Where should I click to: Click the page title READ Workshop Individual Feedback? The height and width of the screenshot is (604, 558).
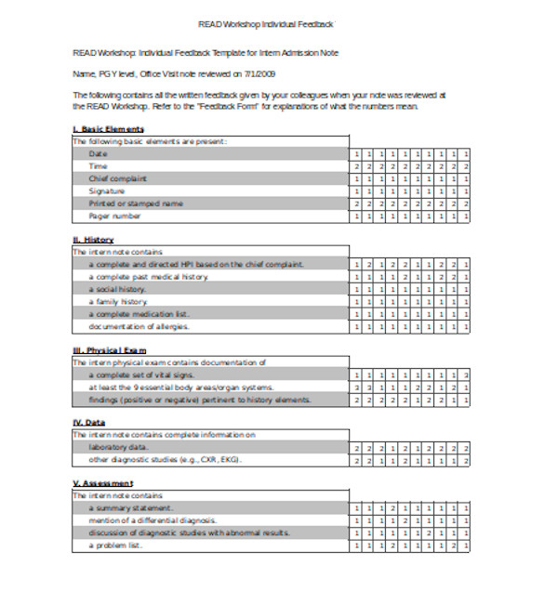(x=266, y=23)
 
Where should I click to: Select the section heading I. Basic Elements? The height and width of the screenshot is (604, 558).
(x=108, y=128)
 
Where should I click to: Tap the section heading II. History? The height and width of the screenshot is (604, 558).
(x=93, y=240)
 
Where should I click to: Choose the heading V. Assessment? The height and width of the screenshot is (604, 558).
(x=102, y=483)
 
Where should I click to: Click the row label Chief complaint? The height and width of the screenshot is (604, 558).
(x=118, y=178)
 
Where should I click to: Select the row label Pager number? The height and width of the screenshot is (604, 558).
(x=115, y=216)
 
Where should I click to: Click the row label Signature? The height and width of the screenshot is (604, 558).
(x=108, y=190)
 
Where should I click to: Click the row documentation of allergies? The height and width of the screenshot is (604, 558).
(x=139, y=326)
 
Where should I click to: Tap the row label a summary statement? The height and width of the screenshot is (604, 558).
(x=131, y=508)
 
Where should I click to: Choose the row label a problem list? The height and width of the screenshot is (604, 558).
(x=116, y=545)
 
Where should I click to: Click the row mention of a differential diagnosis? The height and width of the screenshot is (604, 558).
(x=153, y=520)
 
